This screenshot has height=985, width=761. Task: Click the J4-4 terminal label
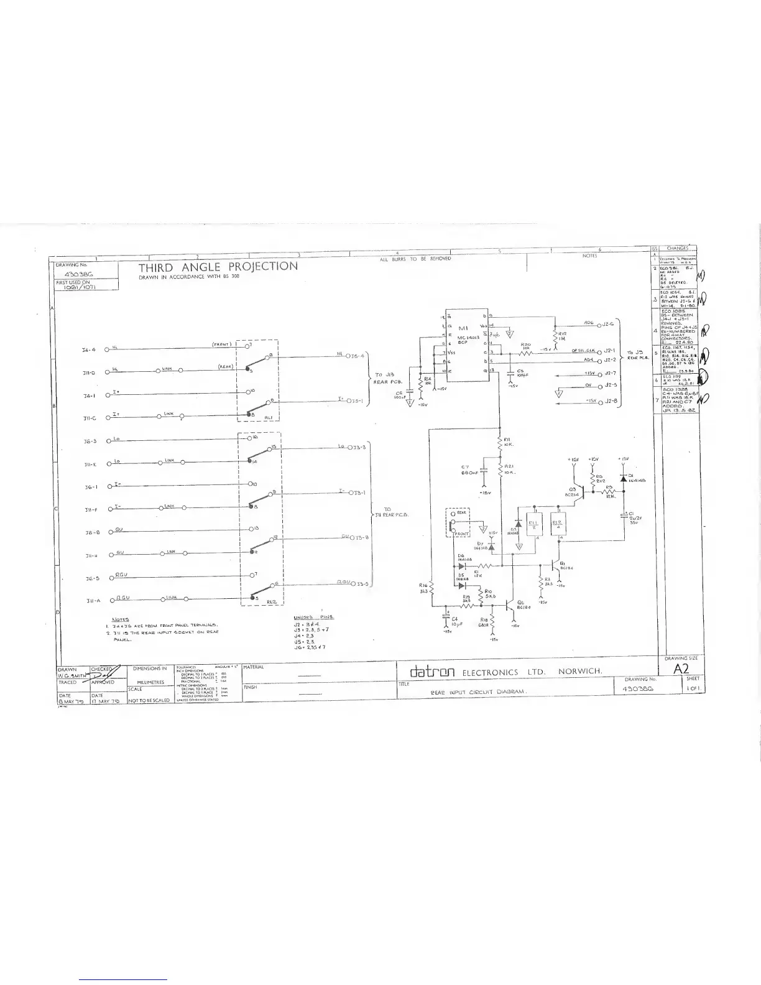click(88, 350)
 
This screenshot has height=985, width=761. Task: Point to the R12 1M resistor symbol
click(555, 336)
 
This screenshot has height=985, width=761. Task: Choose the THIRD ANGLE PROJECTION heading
click(218, 267)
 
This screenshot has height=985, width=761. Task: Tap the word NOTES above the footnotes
click(120, 619)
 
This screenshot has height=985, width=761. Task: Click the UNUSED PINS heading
click(314, 617)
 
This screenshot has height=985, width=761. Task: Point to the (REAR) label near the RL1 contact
click(225, 366)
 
